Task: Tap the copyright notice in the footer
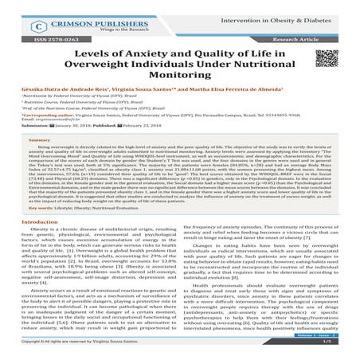click(80, 351)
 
